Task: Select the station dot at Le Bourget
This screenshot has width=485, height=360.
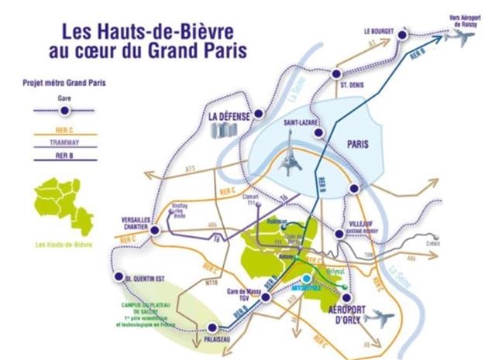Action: coord(402,35)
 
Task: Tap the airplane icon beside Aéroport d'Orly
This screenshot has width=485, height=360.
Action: coord(379,318)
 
